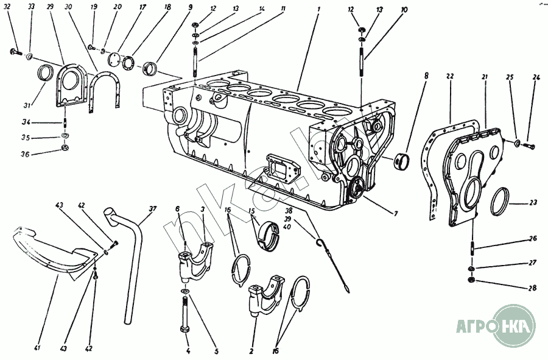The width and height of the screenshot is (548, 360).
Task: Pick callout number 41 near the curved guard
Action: (x=37, y=348)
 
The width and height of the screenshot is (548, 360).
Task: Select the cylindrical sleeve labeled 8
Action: (x=401, y=162)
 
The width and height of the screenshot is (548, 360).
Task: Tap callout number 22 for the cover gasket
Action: (x=449, y=77)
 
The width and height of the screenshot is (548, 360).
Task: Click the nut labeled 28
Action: (x=472, y=280)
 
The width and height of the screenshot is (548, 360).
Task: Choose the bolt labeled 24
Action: (x=527, y=146)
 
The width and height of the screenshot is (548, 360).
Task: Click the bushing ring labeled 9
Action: (x=150, y=66)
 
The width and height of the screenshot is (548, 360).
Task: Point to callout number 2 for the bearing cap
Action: (x=251, y=350)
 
